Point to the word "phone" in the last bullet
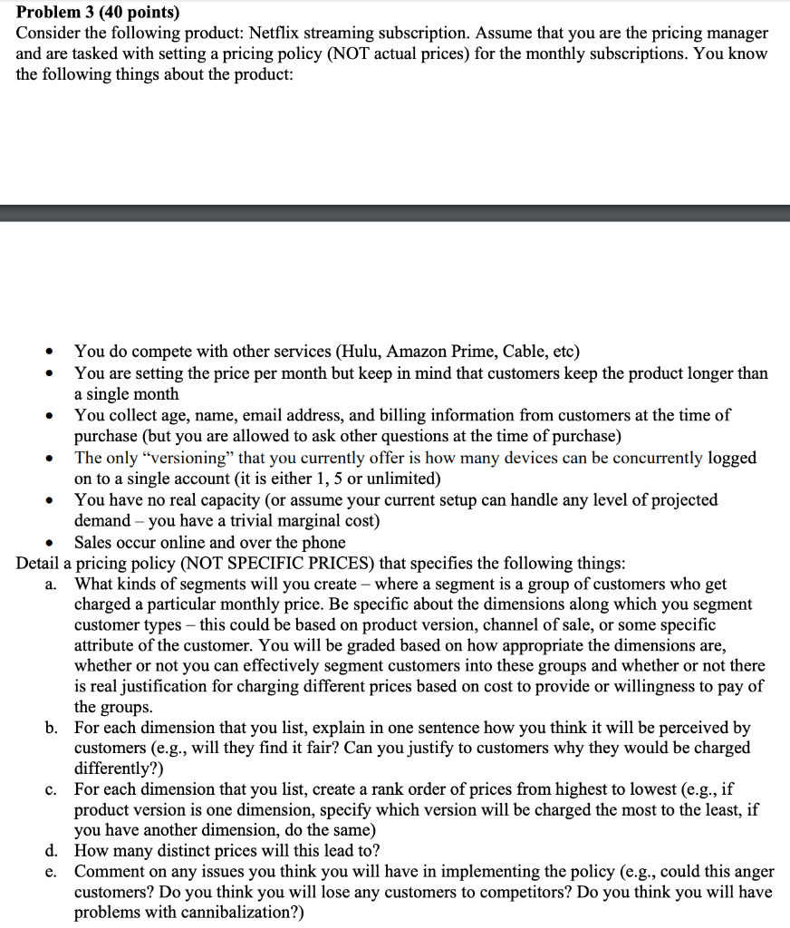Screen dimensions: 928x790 coord(323,542)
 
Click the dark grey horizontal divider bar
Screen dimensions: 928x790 coord(395,213)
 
